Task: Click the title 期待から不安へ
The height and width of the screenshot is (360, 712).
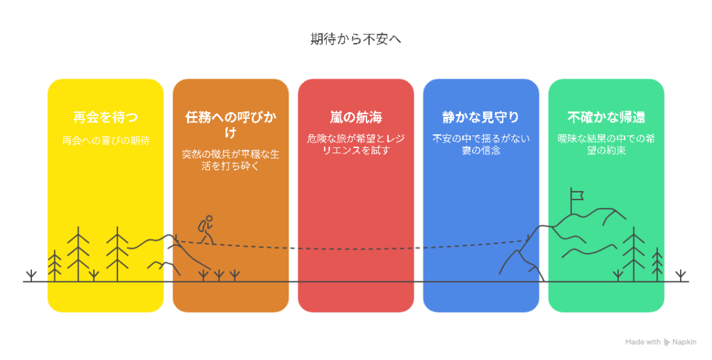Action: [x=355, y=39]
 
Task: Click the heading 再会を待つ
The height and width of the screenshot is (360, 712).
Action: [x=106, y=117]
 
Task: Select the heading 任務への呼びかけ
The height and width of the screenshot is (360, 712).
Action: [x=231, y=124]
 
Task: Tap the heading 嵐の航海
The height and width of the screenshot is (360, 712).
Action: [x=355, y=117]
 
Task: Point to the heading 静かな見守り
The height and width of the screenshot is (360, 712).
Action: [x=481, y=117]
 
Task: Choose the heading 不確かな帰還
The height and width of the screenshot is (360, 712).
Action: [x=606, y=117]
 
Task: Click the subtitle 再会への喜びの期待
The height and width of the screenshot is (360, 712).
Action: [x=106, y=140]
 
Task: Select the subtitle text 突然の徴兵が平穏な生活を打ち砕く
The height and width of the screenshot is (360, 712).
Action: [x=231, y=160]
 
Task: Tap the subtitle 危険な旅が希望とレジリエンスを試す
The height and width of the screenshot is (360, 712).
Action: [x=355, y=145]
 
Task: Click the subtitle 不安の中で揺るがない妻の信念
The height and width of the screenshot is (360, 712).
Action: [x=481, y=145]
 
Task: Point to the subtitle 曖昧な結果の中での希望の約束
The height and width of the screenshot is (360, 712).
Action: [x=606, y=145]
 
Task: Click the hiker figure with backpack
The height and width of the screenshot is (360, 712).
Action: [x=206, y=230]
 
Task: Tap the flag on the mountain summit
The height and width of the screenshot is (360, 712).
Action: [x=576, y=196]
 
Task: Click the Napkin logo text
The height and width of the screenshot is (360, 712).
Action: [x=684, y=342]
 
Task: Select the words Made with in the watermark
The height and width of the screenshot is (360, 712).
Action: [x=642, y=342]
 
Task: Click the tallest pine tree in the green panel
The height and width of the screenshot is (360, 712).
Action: [x=633, y=254]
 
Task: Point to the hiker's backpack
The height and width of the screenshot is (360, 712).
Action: [x=202, y=226]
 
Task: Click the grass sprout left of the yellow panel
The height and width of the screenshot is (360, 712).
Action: [x=31, y=276]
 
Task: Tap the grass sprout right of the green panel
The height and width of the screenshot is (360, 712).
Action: [x=680, y=276]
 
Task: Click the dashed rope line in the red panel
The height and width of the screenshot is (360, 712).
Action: [x=355, y=249]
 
